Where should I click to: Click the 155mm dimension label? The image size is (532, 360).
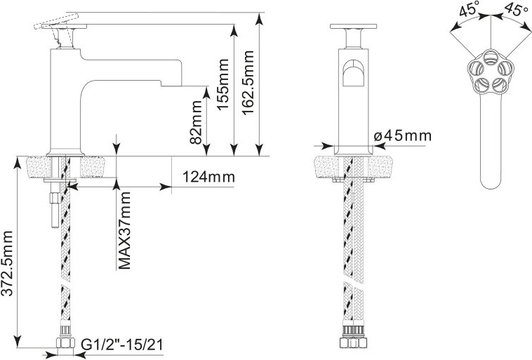(x=222, y=84)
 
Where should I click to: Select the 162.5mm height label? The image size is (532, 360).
(x=248, y=83)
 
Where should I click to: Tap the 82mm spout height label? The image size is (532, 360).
(x=196, y=122)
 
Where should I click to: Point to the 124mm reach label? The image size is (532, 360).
(x=208, y=177)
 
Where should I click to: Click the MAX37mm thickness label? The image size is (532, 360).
(x=124, y=230)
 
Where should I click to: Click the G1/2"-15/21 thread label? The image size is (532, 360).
(x=122, y=345)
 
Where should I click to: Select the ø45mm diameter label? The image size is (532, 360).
(x=403, y=135)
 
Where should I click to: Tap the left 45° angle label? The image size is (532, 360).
(x=469, y=9)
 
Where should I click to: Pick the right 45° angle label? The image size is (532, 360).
(x=514, y=9)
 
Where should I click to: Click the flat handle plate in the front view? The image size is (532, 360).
(x=353, y=26)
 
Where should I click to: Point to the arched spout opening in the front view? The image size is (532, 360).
(x=353, y=73)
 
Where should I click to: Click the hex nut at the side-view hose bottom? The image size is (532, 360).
(x=65, y=342)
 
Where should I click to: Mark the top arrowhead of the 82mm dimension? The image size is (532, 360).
(x=206, y=93)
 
